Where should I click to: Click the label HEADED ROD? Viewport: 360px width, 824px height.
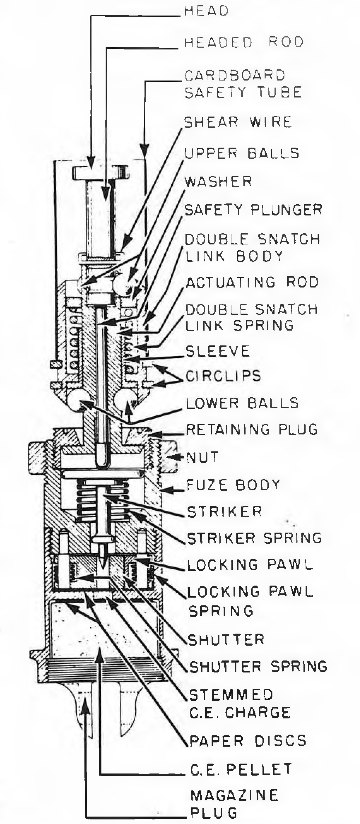pos(244,42)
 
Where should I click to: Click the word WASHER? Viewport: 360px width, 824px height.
pos(219,182)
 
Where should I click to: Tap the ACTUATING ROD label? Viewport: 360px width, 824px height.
pos(252,282)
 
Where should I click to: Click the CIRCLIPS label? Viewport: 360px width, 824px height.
pos(223,375)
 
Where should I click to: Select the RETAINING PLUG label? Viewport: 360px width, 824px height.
pos(252,429)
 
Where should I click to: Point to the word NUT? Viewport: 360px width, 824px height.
pos(202,457)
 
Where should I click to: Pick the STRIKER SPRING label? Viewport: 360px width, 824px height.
pos(254,538)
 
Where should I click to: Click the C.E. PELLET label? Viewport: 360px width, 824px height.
pos(241,769)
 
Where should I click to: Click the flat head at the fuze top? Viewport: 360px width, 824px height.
pos(100,172)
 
